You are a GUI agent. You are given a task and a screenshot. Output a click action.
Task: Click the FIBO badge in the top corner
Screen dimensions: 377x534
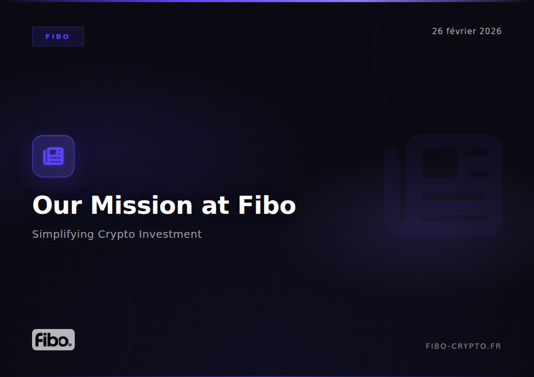click(x=58, y=37)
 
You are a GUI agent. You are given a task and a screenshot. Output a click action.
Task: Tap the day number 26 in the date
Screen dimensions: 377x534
click(x=437, y=31)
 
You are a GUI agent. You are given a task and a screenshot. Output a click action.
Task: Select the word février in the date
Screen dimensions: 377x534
click(x=461, y=31)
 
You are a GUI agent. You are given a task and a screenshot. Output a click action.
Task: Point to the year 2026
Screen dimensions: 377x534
click(x=490, y=31)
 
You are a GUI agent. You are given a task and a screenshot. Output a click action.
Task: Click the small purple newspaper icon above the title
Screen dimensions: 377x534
click(x=53, y=156)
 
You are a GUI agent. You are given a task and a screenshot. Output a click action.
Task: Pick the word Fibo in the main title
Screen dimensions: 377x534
click(x=266, y=205)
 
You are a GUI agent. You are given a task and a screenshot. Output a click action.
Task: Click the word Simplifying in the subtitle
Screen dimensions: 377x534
click(x=63, y=234)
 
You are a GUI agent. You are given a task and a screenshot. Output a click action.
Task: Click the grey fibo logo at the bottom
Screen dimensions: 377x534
click(x=53, y=340)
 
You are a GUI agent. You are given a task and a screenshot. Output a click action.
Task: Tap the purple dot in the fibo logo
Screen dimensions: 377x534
click(x=69, y=344)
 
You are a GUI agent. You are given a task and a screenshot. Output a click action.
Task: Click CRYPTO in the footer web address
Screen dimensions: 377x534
click(x=466, y=347)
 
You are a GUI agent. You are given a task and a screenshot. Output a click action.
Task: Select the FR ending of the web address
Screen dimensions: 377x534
click(x=496, y=347)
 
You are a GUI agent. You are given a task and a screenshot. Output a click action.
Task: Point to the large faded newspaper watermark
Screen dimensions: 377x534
click(x=443, y=186)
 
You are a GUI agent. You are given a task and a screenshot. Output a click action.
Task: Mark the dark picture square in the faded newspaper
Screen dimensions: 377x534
click(x=439, y=163)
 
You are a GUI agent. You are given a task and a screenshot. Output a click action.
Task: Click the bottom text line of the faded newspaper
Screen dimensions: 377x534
click(x=454, y=218)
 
